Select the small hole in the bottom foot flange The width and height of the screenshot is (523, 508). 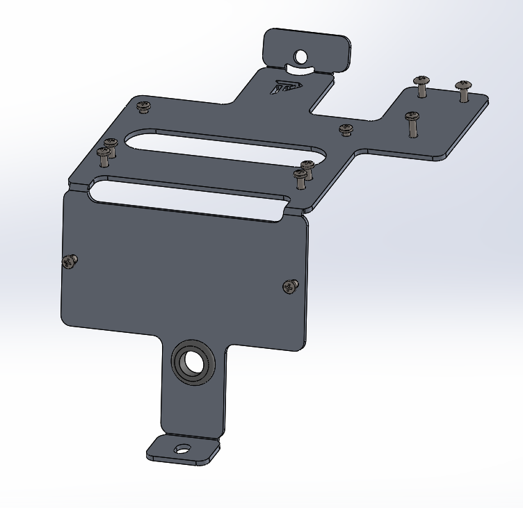click(182, 449)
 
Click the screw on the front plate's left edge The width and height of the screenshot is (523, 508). click(69, 261)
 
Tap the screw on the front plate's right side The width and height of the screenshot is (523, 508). click(290, 286)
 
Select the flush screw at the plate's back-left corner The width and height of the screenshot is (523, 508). click(143, 106)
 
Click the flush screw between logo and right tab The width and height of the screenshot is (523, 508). click(346, 129)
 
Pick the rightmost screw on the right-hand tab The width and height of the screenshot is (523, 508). click(464, 88)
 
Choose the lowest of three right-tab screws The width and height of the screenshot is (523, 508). click(412, 122)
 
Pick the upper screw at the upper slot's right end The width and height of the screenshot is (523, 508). click(307, 167)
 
